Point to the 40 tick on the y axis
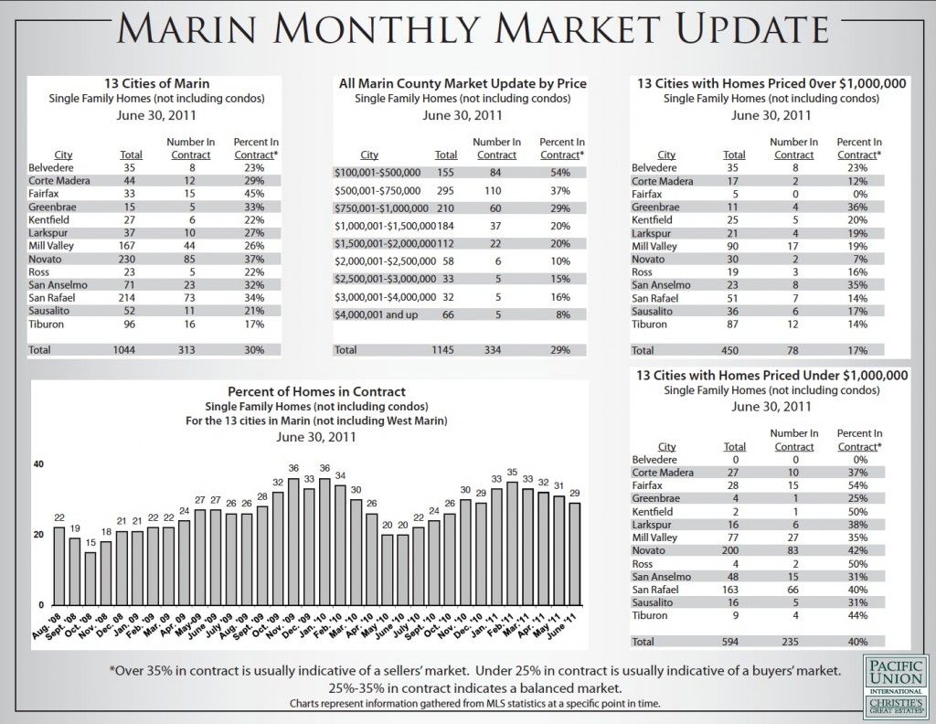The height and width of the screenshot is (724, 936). [x=38, y=464]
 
